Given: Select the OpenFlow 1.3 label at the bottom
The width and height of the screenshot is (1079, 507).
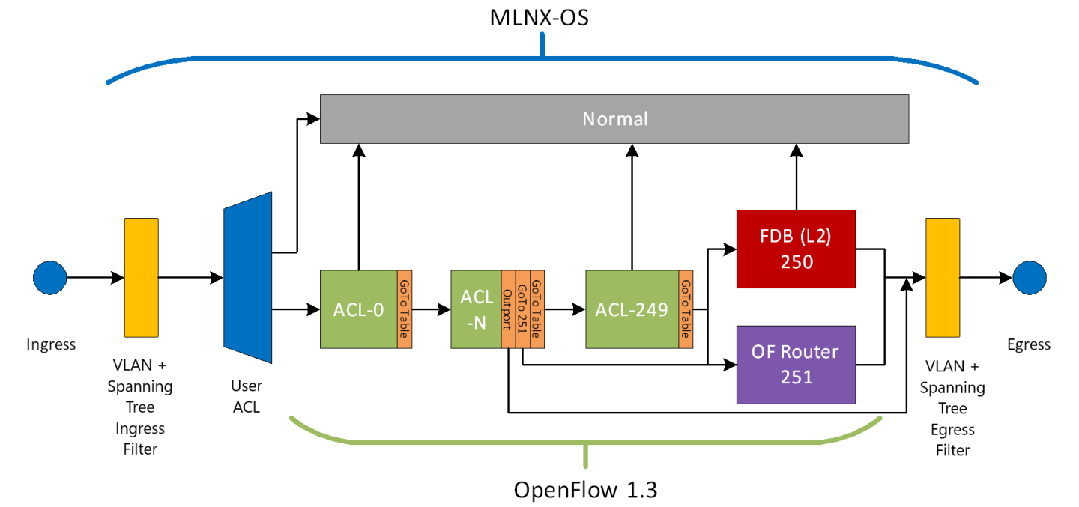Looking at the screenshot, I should (585, 490).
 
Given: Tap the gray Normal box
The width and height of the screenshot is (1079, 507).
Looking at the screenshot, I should (614, 119).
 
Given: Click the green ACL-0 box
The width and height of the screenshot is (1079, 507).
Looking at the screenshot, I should (358, 309).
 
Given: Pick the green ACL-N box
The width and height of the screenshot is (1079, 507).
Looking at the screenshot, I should (476, 309).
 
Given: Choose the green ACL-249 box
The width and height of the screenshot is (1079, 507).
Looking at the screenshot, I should (632, 309).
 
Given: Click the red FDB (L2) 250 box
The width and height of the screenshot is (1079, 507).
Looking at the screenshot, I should (796, 249).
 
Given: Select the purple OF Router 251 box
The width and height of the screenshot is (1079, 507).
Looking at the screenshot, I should (796, 364).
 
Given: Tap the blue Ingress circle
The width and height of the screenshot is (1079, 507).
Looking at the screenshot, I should (50, 279).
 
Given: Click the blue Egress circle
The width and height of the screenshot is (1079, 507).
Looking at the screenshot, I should (1029, 279).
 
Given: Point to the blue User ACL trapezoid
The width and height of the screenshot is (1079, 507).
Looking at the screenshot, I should (247, 279).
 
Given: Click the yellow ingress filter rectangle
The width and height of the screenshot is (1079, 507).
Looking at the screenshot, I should (141, 278).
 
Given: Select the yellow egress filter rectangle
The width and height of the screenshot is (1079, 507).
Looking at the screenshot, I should (943, 278).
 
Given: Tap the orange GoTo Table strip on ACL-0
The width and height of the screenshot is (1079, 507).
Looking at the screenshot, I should (405, 309).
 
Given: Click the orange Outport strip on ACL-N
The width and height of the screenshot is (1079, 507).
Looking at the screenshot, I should (507, 309).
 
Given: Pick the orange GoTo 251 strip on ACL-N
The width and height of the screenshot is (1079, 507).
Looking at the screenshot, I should (522, 309).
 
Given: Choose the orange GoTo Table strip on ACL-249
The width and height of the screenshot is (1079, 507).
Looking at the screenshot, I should (685, 309).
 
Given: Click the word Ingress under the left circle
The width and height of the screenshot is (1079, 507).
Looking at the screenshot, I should (51, 344).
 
